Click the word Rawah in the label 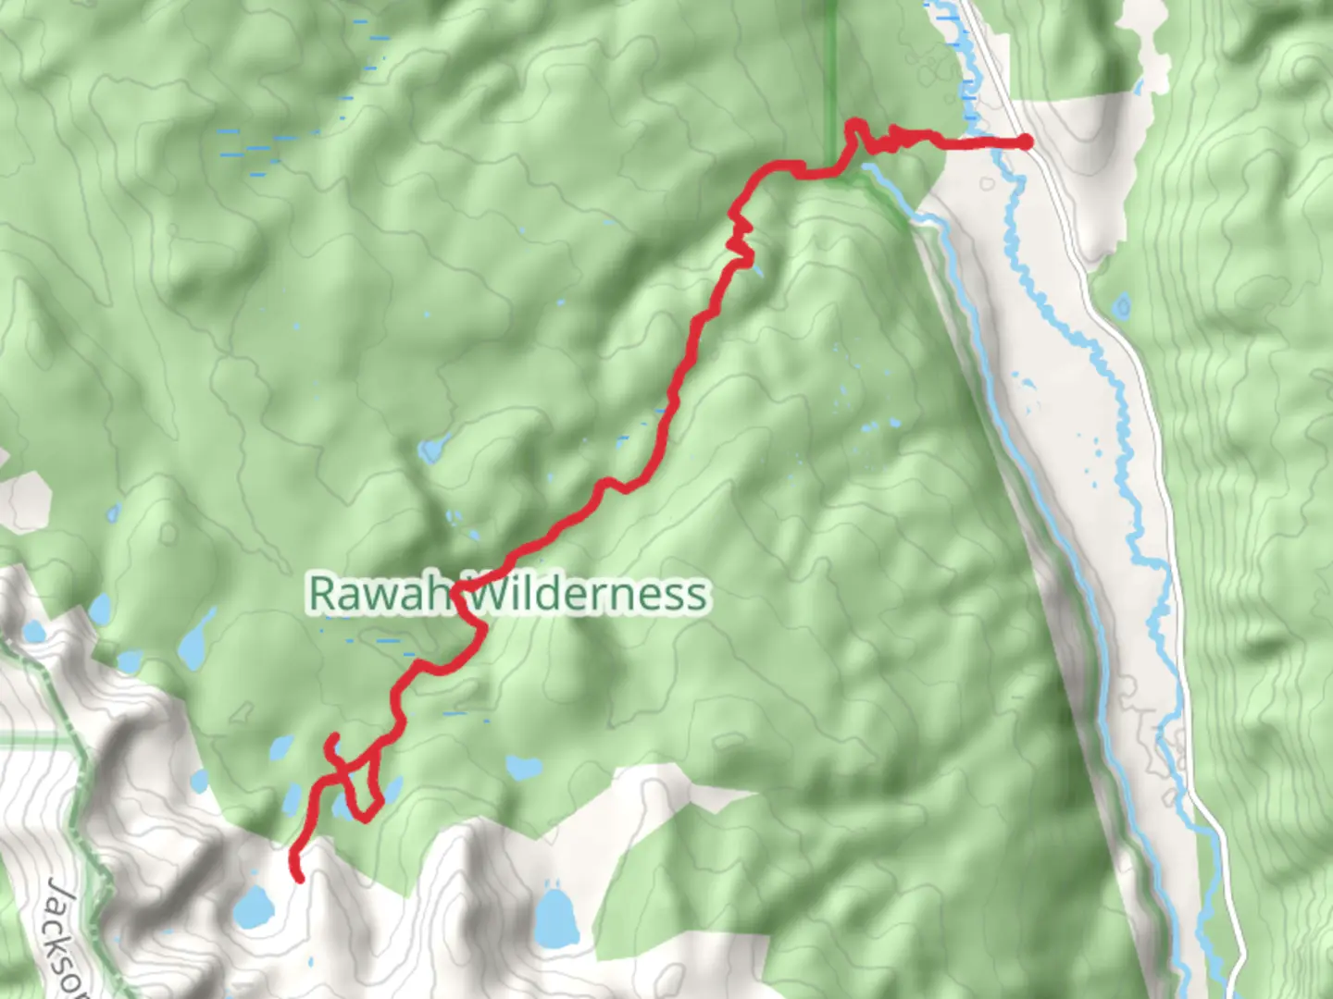(380, 594)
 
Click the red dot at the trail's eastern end (1026, 142)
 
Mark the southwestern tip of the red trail (299, 878)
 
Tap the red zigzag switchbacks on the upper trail (740, 236)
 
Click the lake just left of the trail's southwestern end (252, 908)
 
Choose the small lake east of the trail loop (523, 768)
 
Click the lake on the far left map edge (34, 633)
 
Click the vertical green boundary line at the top (829, 55)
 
